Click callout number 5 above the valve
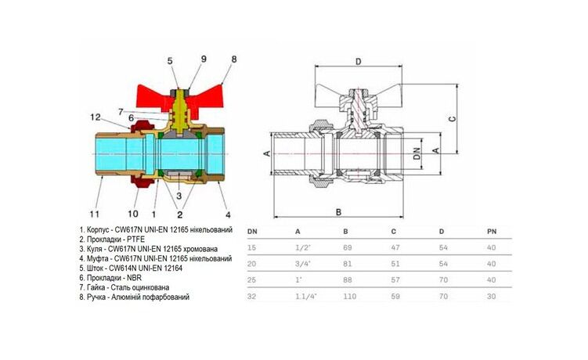pos(169,60)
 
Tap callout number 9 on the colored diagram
pos(204,59)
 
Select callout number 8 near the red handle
pos(233,59)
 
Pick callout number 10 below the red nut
pos(133,214)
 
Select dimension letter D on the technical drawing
pos(358,61)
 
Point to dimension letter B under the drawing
pos(338,211)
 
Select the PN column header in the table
pos(492,232)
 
